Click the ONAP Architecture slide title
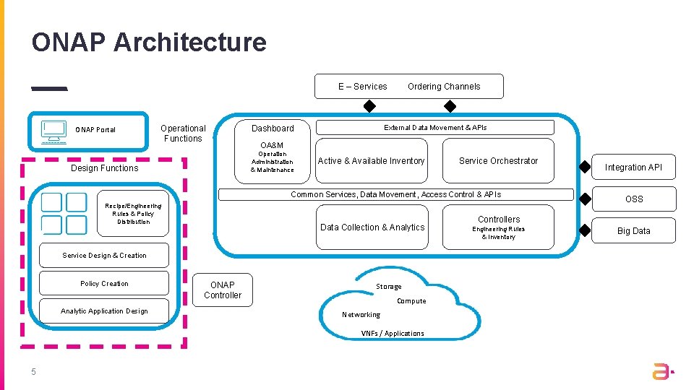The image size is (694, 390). [x=149, y=43]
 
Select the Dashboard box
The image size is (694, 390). [x=273, y=128]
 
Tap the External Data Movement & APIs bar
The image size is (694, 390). [x=435, y=128]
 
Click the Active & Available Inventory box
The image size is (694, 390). [x=371, y=161]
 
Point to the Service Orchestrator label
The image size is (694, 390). [x=498, y=161]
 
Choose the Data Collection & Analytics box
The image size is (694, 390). [x=372, y=227]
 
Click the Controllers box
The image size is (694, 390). [x=498, y=227]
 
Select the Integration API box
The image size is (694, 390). [x=633, y=168]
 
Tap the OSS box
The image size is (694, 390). [x=633, y=199]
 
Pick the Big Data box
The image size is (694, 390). [x=633, y=231]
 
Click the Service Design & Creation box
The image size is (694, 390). [x=104, y=256]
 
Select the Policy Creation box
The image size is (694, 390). [x=104, y=284]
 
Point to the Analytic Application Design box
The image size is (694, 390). [x=104, y=311]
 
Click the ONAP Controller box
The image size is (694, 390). [x=223, y=290]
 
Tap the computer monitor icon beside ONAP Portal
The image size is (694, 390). [x=53, y=131]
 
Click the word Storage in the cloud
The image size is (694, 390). [x=388, y=287]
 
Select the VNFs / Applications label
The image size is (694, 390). [x=393, y=334]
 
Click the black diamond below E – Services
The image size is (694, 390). [x=369, y=107]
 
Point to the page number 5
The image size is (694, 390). [x=33, y=372]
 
